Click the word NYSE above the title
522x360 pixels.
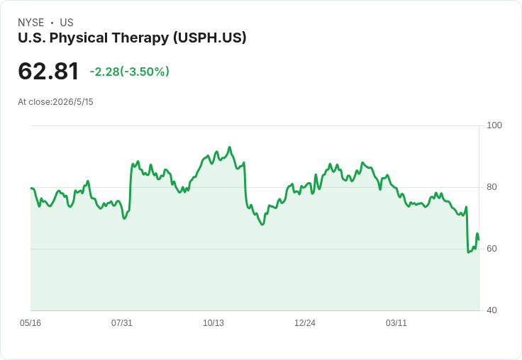point(31,23)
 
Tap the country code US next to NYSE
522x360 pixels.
point(67,23)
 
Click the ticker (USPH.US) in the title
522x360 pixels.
point(210,38)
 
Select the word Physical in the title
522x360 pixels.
point(79,38)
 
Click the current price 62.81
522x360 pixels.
point(48,71)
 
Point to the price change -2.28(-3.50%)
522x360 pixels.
point(130,72)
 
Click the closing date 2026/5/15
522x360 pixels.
point(73,102)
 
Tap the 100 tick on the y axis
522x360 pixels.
point(494,125)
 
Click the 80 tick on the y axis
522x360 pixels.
point(492,187)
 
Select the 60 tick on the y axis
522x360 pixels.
point(492,249)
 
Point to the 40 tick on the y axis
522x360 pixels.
point(492,310)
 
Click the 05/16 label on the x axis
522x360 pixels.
point(30,323)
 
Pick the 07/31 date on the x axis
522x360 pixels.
point(122,323)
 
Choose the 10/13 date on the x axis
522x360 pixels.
point(213,323)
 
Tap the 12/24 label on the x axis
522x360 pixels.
point(305,323)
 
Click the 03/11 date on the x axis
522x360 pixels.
point(396,323)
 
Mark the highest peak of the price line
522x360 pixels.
point(229,147)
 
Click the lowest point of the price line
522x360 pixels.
point(468,252)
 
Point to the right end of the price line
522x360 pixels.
point(479,240)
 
